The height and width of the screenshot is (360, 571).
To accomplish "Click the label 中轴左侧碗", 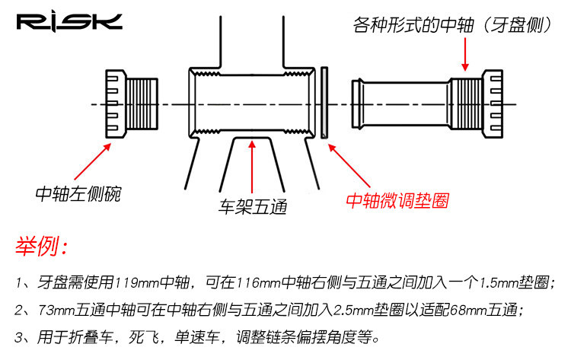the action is tap(78, 194).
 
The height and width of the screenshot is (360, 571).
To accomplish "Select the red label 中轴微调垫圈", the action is tap(396, 201).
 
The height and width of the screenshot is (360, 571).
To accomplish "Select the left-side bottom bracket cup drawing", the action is tap(130, 104).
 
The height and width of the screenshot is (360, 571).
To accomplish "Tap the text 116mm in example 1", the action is tap(259, 283).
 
